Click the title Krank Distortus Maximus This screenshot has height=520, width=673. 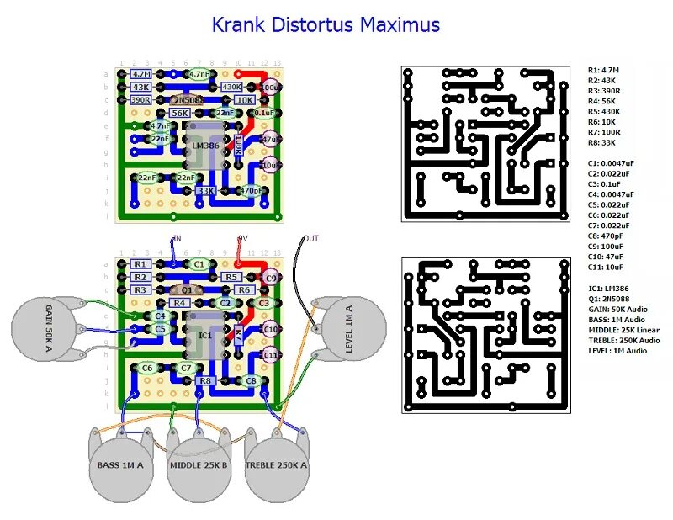[325, 25]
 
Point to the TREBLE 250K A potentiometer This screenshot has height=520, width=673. [276, 465]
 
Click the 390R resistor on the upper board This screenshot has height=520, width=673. [140, 99]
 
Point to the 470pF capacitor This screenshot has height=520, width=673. [251, 191]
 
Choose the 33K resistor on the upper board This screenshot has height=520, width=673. [204, 191]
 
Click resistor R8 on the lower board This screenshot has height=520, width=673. [204, 380]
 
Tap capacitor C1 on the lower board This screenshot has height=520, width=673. [199, 264]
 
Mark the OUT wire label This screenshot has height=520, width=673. [311, 238]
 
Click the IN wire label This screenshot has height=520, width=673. [177, 238]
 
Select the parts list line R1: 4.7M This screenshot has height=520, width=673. [604, 70]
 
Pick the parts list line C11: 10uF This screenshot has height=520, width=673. [607, 267]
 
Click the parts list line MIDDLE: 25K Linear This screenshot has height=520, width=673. [623, 330]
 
